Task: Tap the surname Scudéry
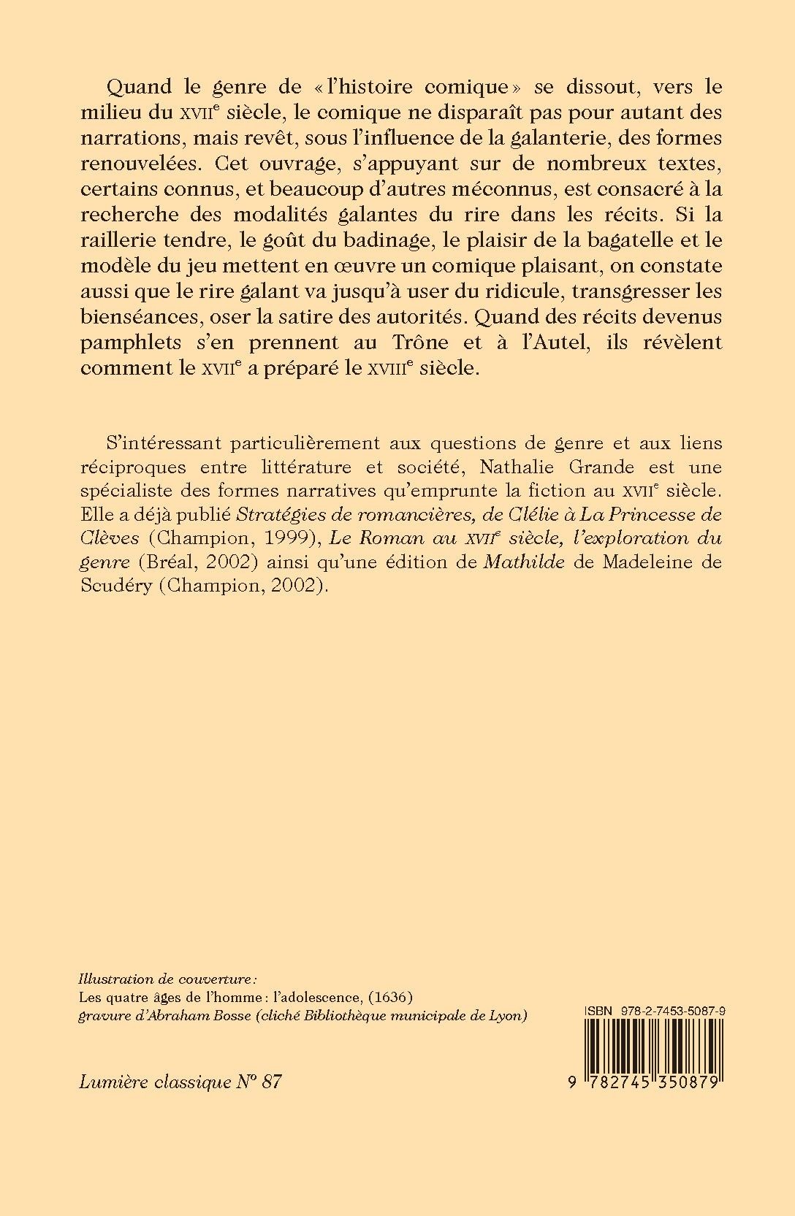(x=113, y=586)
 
